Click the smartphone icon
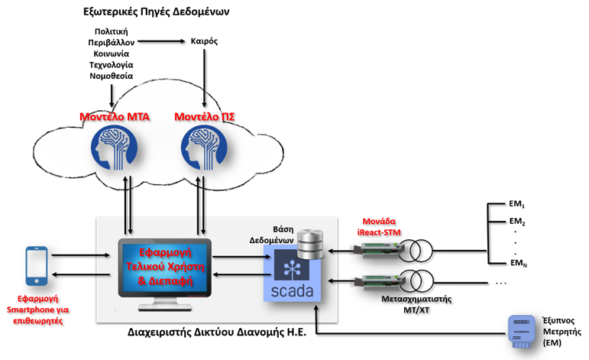(x=37, y=266)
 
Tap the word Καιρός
(x=204, y=41)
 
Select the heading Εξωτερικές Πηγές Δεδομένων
(x=157, y=11)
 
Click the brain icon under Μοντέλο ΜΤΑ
(x=114, y=147)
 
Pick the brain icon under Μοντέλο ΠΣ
(x=204, y=147)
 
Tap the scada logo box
(x=293, y=273)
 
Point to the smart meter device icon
(x=521, y=331)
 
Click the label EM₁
(x=517, y=204)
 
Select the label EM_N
(x=519, y=263)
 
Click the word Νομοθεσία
(x=112, y=76)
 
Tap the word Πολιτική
(x=112, y=31)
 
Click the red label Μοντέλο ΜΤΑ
(x=115, y=117)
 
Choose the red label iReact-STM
(x=379, y=232)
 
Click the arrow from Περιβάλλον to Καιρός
(x=161, y=41)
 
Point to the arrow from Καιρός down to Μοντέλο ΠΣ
(x=204, y=78)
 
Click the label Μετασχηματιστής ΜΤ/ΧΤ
(x=416, y=304)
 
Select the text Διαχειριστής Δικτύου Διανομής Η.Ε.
(x=217, y=332)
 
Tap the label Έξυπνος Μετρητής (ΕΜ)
(x=561, y=332)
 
